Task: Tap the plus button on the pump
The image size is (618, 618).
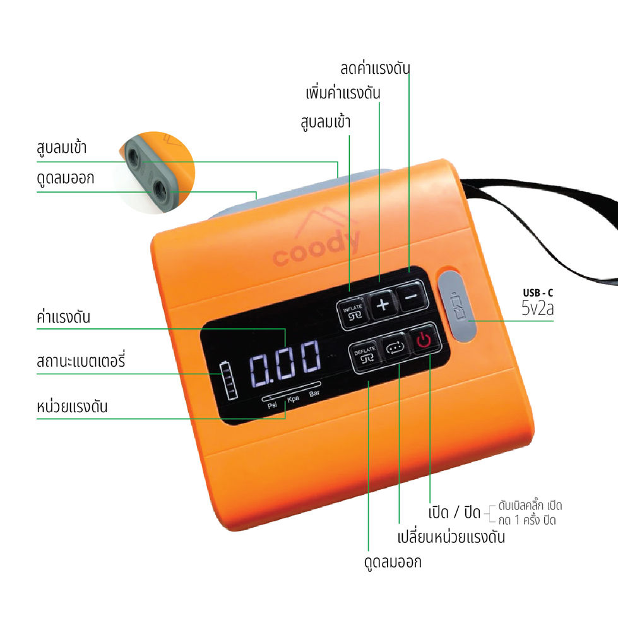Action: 382,306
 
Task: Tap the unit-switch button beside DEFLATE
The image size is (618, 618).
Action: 395,349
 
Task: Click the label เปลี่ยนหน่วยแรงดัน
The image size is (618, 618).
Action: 451,537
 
